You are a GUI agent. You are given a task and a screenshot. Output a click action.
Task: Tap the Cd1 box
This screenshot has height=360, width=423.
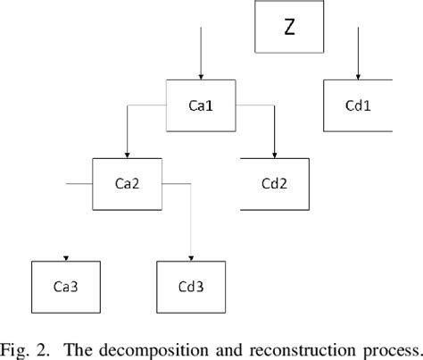tap(357, 105)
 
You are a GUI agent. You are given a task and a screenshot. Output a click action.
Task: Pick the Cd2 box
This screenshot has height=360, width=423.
tap(275, 185)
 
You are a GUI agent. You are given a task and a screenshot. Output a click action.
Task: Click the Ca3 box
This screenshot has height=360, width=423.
tap(66, 286)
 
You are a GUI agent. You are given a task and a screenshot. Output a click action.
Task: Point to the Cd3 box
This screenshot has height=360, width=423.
tap(191, 286)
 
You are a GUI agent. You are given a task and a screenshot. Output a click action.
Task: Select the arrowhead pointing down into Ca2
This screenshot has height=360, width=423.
tap(129, 153)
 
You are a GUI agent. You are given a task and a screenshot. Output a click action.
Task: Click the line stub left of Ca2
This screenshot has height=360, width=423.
tap(79, 185)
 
